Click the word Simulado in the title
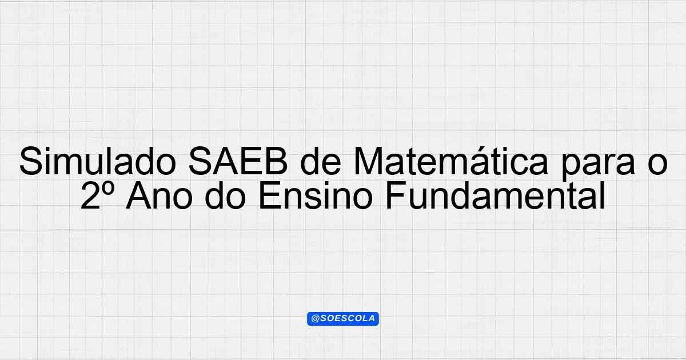click(x=98, y=161)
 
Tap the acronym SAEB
click(x=238, y=161)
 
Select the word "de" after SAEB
click(x=321, y=161)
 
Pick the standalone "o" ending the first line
click(x=657, y=165)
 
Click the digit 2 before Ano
click(x=91, y=195)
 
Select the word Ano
click(x=159, y=195)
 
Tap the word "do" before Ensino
click(x=225, y=195)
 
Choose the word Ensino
click(x=316, y=195)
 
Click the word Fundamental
click(x=495, y=195)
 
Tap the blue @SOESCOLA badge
click(x=343, y=319)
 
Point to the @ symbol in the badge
click(x=316, y=319)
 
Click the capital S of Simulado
click(x=31, y=161)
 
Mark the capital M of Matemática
click(x=368, y=161)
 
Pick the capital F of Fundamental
click(x=396, y=195)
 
